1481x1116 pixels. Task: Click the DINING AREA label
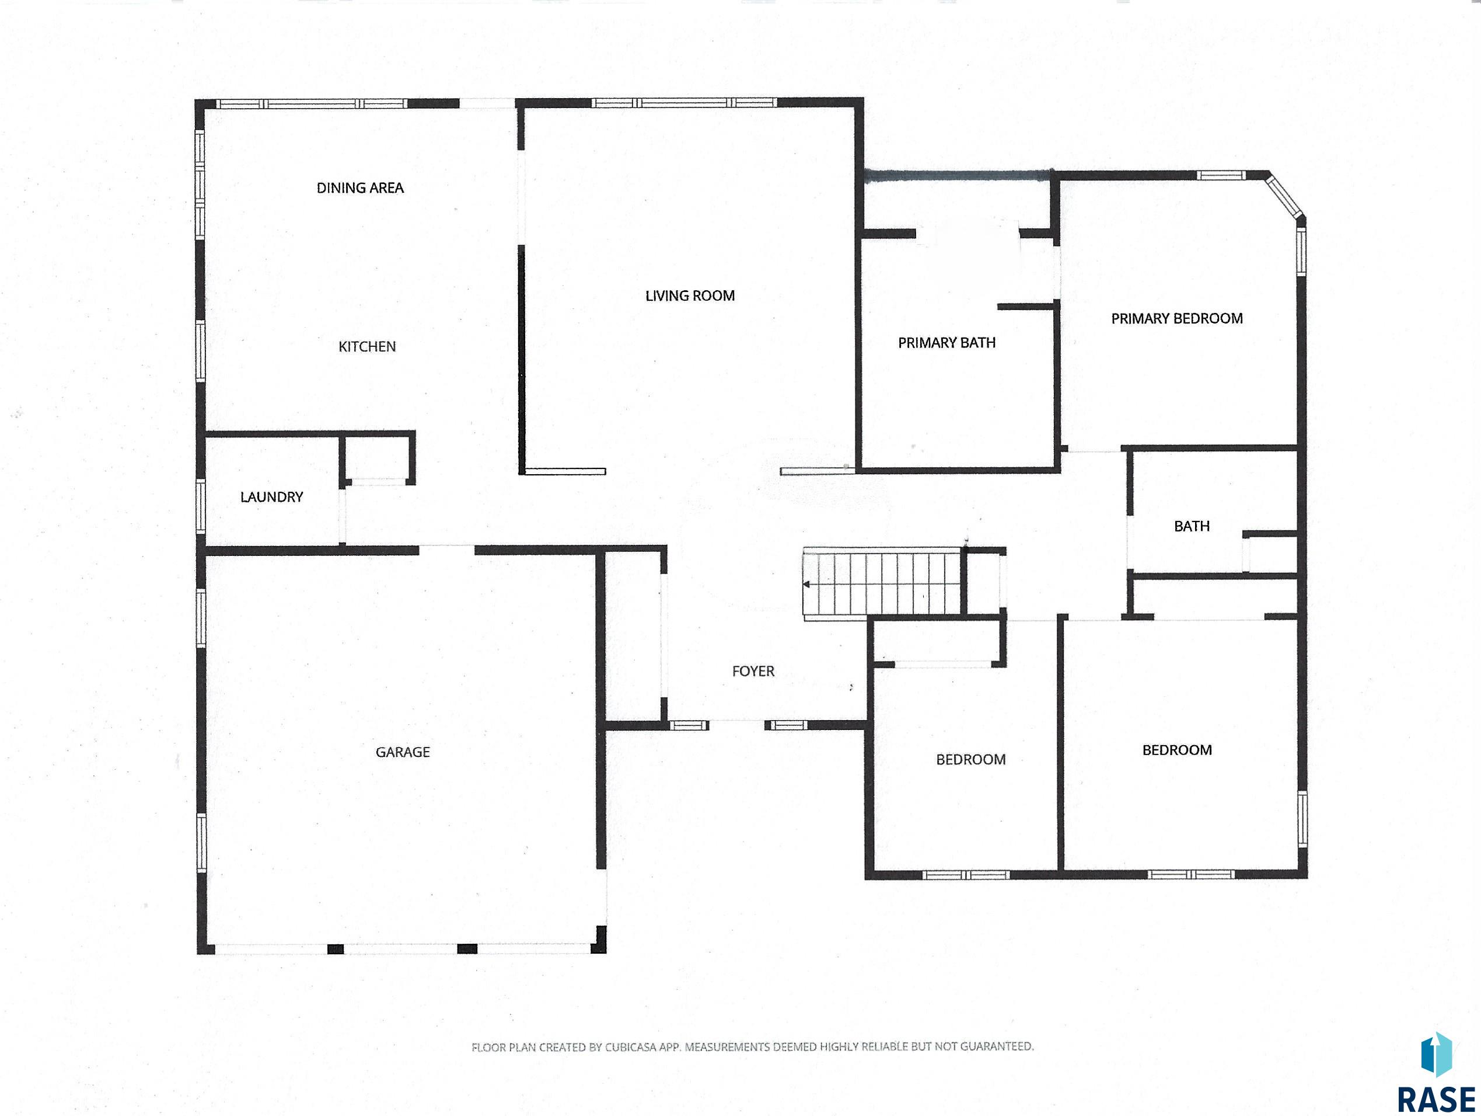[x=360, y=188]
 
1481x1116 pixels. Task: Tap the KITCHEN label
[x=367, y=346]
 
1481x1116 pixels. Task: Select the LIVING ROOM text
[x=690, y=295]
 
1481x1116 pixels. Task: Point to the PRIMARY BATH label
[x=946, y=343]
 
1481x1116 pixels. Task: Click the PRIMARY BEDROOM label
[x=1176, y=319]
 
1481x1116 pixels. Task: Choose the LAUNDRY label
[x=271, y=497]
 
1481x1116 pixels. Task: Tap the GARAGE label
[x=403, y=752]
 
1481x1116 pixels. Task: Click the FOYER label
[x=753, y=671]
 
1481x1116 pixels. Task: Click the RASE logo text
[x=1435, y=1100]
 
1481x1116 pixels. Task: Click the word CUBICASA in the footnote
[x=631, y=1047]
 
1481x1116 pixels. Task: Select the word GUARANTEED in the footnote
[x=996, y=1046]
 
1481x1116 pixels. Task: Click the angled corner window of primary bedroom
[x=1286, y=196]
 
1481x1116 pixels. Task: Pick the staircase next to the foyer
[x=883, y=583]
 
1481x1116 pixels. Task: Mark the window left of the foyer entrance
[x=689, y=725]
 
